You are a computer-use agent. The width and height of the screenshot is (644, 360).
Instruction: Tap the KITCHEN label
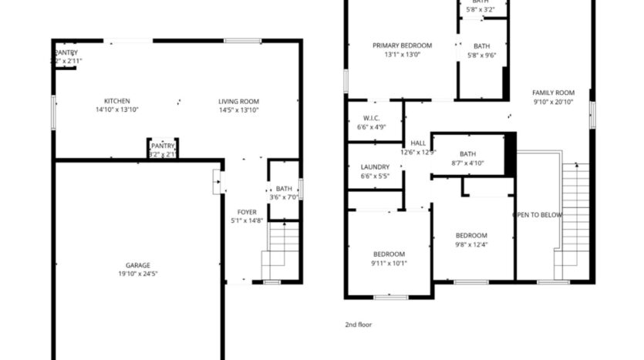(x=117, y=101)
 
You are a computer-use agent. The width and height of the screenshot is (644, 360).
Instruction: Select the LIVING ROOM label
(x=238, y=101)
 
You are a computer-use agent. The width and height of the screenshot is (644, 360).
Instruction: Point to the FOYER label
(x=247, y=212)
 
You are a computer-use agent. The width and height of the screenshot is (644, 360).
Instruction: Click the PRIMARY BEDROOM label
(x=402, y=45)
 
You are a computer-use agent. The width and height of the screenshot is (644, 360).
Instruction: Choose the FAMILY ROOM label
(x=554, y=93)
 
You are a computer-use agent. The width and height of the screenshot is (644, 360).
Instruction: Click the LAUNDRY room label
(x=375, y=167)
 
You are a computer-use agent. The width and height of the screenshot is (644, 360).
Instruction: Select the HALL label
(x=418, y=143)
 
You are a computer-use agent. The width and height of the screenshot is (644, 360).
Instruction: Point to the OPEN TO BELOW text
(x=538, y=215)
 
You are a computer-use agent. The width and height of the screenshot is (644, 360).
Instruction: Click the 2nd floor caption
(x=358, y=325)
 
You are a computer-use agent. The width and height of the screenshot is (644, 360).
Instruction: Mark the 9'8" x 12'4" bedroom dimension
(x=470, y=245)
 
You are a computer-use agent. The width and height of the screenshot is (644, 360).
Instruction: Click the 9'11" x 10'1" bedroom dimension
(x=389, y=263)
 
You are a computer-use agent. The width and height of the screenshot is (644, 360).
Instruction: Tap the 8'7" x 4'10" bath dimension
(x=467, y=163)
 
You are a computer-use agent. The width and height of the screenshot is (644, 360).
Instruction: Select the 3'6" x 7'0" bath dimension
(x=284, y=197)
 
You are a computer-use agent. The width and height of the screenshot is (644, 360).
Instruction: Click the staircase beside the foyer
(x=281, y=251)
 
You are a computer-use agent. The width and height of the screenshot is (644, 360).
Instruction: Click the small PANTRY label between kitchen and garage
(x=163, y=146)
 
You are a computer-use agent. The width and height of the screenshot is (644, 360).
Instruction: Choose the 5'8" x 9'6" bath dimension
(x=481, y=55)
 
